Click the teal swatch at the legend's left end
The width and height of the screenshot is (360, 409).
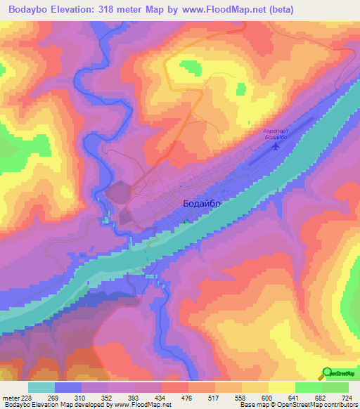(x=41, y=387)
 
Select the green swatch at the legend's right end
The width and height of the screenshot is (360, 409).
(x=335, y=387)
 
